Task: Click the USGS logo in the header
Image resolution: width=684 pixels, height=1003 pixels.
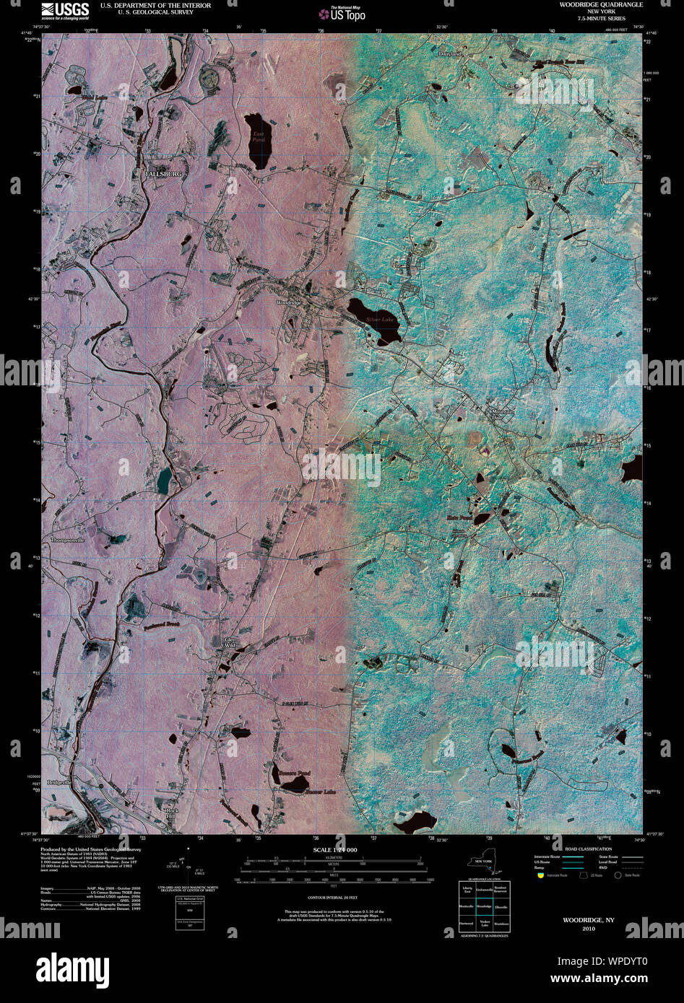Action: point(65,10)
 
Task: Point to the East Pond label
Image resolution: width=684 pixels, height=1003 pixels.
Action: point(257,137)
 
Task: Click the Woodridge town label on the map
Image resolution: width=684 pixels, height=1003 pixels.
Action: point(289,302)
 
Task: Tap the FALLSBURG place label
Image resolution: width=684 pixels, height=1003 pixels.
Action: point(163,174)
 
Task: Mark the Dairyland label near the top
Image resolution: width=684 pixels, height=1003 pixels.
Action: point(449,54)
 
